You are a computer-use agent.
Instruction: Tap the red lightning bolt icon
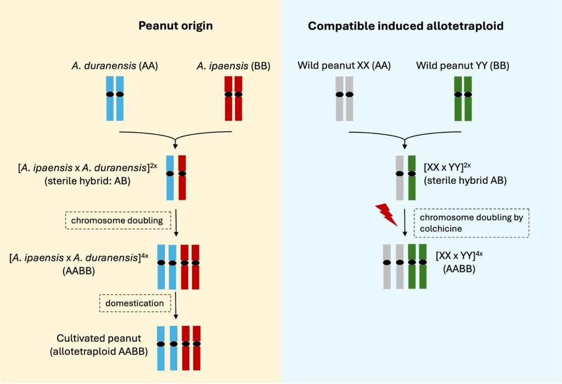coord(386,214)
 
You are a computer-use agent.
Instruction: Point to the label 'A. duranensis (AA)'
coord(115,66)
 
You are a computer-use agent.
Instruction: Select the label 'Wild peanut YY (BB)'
coord(463,66)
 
